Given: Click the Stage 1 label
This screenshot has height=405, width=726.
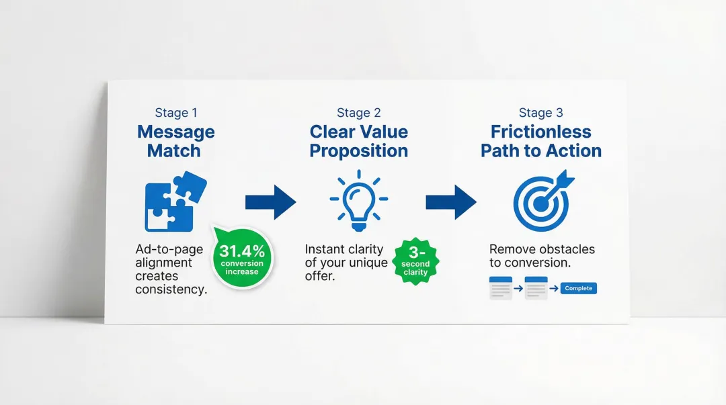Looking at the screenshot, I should [176, 113].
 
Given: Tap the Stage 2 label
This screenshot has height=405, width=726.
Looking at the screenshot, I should [358, 113].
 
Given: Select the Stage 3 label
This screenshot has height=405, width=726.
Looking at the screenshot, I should [540, 113].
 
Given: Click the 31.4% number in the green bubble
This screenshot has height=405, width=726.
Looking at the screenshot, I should [242, 252].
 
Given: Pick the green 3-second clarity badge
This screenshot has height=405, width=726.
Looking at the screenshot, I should [415, 261].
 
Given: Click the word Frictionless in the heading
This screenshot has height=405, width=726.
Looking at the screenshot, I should [541, 132].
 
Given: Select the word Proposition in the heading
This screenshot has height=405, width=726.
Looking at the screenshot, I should [358, 151].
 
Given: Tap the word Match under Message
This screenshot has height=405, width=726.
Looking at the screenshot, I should [174, 151].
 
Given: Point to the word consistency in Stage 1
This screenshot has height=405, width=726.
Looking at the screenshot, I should [171, 289].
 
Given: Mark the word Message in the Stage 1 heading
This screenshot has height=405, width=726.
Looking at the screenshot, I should [176, 132].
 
